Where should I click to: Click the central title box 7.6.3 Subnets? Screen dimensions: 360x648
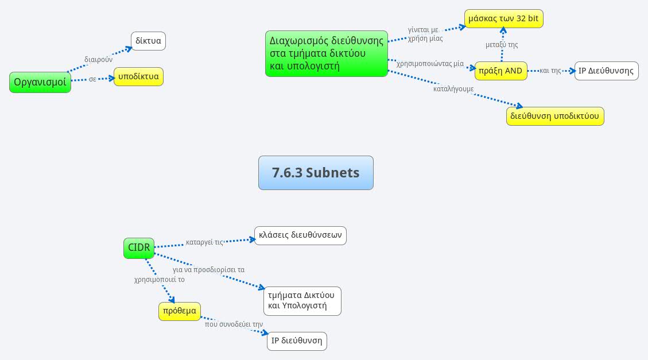[316, 172]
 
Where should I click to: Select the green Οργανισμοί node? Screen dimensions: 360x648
[40, 82]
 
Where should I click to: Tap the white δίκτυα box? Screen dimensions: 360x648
[149, 41]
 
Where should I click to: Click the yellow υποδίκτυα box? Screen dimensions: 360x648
[138, 77]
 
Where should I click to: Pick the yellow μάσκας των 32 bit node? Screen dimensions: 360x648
[503, 19]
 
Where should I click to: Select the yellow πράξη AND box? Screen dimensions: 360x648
[500, 71]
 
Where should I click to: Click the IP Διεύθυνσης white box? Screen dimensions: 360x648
[607, 71]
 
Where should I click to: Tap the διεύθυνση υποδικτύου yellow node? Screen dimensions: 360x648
[555, 116]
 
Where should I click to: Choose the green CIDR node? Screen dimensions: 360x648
[139, 248]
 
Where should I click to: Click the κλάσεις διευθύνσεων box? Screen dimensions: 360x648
[300, 235]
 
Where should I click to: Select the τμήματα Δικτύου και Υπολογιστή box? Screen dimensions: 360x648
[302, 300]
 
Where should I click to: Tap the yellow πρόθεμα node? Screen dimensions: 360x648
[180, 311]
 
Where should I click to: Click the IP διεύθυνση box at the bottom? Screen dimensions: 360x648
[297, 340]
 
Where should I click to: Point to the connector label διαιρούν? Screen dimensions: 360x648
[98, 59]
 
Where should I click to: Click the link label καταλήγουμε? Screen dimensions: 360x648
[453, 90]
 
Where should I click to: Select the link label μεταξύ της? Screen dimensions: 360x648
[502, 45]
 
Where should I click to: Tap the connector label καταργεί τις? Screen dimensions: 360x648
[204, 242]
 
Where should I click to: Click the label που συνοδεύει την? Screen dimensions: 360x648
[234, 324]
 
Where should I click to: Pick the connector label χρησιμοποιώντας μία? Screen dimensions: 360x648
[430, 64]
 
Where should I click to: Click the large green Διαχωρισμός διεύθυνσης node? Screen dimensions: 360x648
[327, 53]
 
